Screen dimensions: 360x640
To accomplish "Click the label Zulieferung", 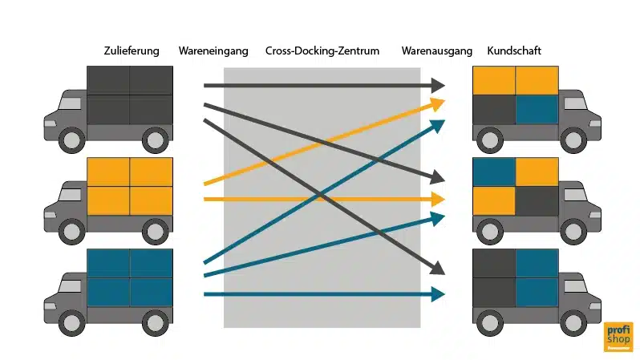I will [x=128, y=51].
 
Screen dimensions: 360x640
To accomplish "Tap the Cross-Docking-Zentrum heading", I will [x=322, y=51].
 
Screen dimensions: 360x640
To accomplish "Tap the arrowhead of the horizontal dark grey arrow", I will [x=438, y=84].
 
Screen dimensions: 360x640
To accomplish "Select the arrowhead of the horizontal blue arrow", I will [x=438, y=294].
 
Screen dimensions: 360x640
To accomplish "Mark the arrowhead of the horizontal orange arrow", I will [x=438, y=198].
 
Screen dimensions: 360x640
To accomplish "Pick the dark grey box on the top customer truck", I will [x=494, y=110].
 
